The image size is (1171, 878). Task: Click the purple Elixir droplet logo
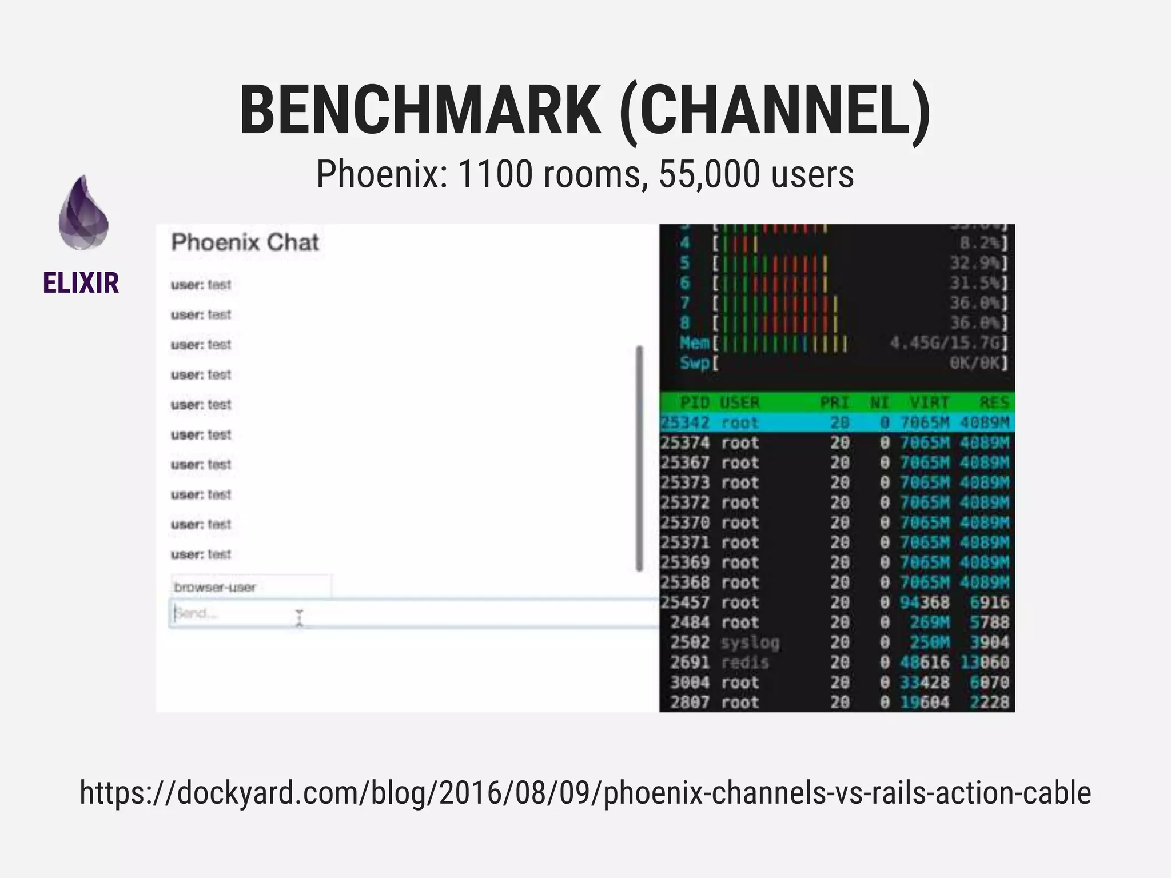point(83,213)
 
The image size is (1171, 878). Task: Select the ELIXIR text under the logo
point(81,283)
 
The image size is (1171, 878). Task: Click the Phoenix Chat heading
point(245,242)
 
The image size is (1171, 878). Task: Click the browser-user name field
point(250,587)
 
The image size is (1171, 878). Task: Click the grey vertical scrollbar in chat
point(639,457)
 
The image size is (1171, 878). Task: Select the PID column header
point(695,402)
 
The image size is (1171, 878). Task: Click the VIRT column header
point(929,402)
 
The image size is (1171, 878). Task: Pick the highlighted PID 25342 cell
point(685,423)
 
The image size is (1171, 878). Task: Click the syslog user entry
point(750,642)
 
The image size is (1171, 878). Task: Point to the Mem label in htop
point(694,343)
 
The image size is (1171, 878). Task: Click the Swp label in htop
point(694,363)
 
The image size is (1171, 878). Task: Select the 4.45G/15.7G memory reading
point(947,343)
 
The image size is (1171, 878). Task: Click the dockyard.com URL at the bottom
point(585,793)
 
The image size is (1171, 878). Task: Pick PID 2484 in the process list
point(690,622)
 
